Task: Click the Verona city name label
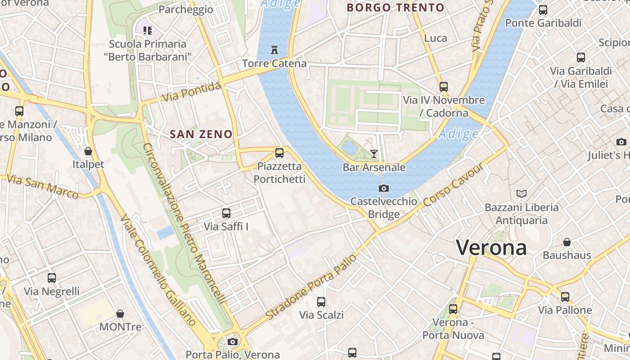pos(491,248)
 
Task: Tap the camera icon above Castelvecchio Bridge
pos(384,188)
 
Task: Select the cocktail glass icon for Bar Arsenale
pos(374,154)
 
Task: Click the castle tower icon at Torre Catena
pos(274,49)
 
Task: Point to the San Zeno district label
pos(201,134)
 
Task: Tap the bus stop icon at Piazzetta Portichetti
pos(279,153)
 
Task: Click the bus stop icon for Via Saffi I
pos(226,213)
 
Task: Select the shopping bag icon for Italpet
pos(88,151)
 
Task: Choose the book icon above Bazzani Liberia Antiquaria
pos(522,193)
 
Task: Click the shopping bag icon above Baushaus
pos(567,242)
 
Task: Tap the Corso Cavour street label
pos(454,185)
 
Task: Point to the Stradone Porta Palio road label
pos(311,287)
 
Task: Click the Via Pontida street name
pos(192,92)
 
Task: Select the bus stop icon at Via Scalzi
pos(321,301)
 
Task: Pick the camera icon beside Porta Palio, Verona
pos(233,342)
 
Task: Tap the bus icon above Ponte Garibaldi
pos(543,9)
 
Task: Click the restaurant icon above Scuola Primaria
pos(147,30)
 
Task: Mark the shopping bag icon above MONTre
pos(120,313)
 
